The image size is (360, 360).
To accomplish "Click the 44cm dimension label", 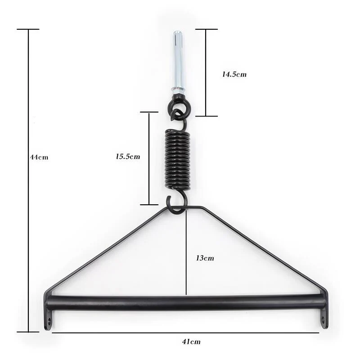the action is pyautogui.click(x=39, y=157).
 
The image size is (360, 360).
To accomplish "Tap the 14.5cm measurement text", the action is pyautogui.click(x=234, y=74).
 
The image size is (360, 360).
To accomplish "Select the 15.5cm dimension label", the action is pyautogui.click(x=128, y=157).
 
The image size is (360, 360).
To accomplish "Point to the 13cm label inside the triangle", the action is pyautogui.click(x=205, y=258).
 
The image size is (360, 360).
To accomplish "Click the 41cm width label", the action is pyautogui.click(x=191, y=342).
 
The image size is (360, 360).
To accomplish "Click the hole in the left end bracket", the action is pyautogui.click(x=49, y=320).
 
